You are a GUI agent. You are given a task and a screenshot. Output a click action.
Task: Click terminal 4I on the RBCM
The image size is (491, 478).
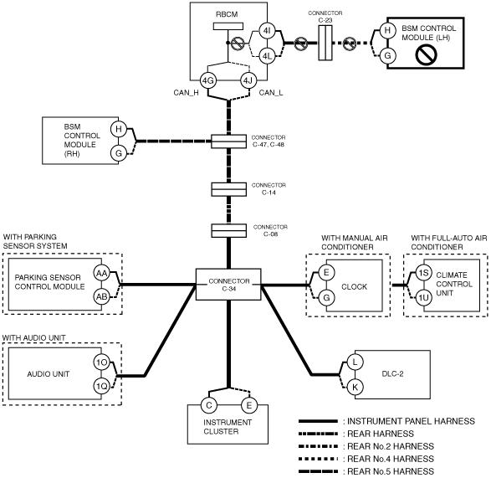point(267,31)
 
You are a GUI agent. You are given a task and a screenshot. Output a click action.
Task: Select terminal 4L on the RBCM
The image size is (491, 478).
point(267,56)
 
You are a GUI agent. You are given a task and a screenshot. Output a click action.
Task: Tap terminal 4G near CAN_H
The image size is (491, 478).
point(208,81)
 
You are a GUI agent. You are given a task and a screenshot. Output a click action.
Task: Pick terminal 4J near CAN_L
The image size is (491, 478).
point(248,81)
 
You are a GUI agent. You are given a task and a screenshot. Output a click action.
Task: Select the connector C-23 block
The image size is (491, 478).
point(325,43)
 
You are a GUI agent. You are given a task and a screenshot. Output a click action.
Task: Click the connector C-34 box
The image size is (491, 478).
point(228,285)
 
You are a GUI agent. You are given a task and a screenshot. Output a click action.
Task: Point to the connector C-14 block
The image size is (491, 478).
point(228,189)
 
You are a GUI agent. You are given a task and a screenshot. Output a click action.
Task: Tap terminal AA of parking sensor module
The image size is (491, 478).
point(102,274)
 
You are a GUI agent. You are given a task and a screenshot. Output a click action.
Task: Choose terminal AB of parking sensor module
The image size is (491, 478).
point(102,296)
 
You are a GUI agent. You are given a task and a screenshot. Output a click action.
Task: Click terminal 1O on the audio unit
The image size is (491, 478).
point(102,362)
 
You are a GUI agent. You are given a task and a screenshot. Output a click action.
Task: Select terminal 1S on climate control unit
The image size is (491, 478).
point(424,273)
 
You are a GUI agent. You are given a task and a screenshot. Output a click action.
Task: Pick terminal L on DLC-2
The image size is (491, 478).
point(355,362)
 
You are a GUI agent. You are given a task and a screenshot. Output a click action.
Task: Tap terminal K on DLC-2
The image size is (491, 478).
point(355,387)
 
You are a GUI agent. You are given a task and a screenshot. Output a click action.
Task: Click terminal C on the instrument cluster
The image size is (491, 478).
point(209,405)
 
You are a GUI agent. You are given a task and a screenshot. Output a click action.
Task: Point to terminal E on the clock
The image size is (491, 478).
point(326,272)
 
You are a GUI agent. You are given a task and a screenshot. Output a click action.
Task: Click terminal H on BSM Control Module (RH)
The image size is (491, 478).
point(119,129)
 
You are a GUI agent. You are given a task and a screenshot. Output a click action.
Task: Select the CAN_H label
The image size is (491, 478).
point(186,93)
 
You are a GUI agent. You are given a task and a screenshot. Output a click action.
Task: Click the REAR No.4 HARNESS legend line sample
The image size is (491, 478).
point(318,459)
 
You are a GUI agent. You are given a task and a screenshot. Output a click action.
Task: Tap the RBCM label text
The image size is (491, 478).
point(227,14)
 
